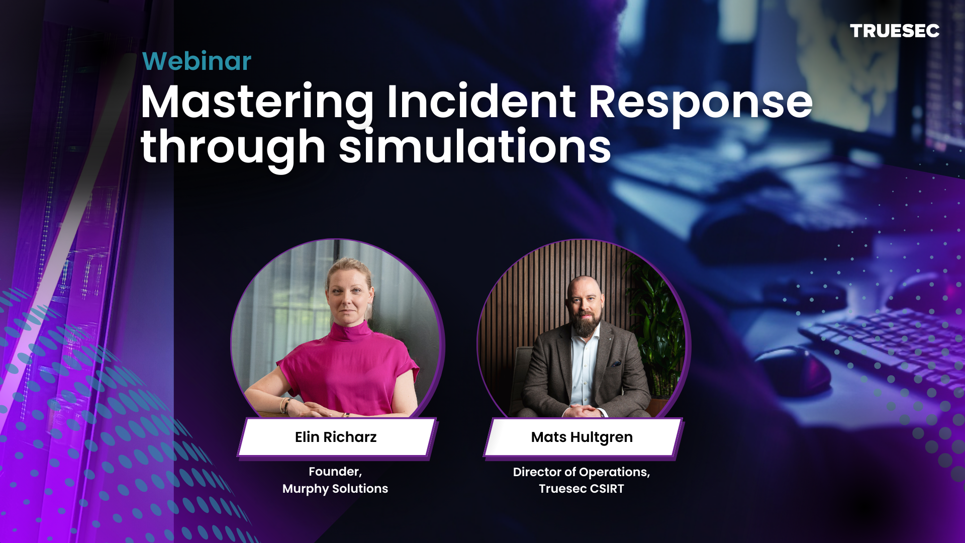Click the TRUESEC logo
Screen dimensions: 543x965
pos(894,31)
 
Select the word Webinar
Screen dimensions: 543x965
pos(197,61)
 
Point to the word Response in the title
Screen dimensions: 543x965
pos(700,103)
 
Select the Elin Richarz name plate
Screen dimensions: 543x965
pos(336,437)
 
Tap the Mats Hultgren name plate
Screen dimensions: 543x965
pos(582,437)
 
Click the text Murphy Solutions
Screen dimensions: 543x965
pos(335,489)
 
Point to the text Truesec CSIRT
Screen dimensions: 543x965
pos(582,489)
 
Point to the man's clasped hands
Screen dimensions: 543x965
pos(583,411)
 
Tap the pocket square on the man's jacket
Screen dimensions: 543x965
pos(616,363)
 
